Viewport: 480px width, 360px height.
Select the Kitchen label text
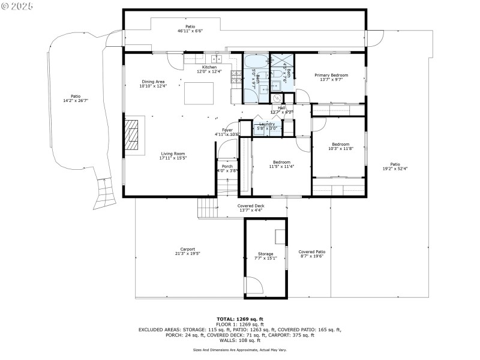point(209,67)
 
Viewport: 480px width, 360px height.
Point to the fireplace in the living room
point(132,135)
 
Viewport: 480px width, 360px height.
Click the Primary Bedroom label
point(332,75)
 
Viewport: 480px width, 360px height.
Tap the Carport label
point(187,249)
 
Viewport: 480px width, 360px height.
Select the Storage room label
point(265,254)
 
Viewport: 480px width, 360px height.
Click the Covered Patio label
point(311,252)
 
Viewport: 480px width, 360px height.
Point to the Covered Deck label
point(251,206)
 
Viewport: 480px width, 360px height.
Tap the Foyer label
point(227,130)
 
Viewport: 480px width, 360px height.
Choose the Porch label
point(227,166)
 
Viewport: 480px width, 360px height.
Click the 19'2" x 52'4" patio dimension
point(395,169)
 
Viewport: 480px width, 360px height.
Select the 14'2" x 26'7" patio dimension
point(76,101)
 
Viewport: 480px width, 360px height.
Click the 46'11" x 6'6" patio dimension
point(190,31)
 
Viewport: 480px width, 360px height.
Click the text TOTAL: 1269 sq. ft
point(240,319)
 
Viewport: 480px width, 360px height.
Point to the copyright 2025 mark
point(17,5)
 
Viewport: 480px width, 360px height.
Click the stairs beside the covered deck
point(207,209)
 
